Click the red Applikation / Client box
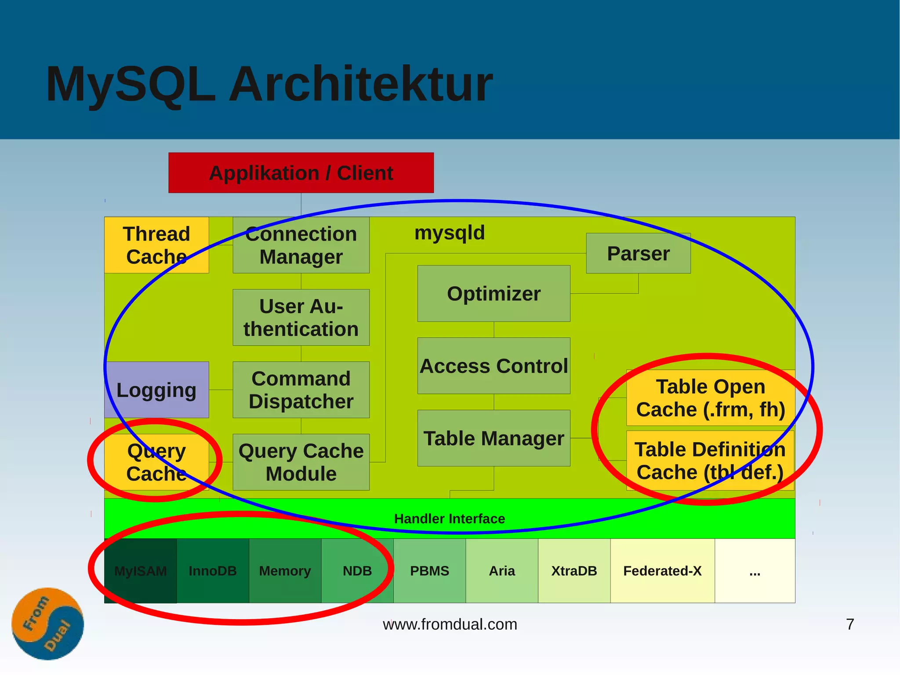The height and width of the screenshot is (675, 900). click(301, 173)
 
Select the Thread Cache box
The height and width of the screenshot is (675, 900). click(156, 245)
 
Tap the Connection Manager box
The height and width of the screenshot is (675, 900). click(301, 245)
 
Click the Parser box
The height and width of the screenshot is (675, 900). click(638, 253)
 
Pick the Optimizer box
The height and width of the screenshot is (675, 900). click(494, 293)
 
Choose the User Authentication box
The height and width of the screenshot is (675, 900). click(301, 317)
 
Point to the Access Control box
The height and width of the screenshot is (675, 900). click(494, 366)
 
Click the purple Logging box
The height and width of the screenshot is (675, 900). click(156, 390)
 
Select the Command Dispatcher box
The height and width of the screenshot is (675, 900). click(301, 390)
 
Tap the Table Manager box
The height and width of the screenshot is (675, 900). click(494, 438)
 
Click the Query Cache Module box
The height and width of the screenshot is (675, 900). click(301, 462)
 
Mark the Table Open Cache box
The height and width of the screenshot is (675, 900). click(710, 398)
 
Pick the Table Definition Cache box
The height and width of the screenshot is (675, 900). click(710, 460)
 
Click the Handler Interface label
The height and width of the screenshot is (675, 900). click(450, 519)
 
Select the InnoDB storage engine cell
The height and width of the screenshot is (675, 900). click(213, 571)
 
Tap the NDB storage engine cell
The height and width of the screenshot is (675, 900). click(357, 571)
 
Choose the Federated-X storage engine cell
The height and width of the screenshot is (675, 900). click(662, 571)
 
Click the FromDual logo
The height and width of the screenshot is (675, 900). click(47, 624)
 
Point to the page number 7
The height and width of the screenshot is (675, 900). click(850, 624)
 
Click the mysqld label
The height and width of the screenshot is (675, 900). click(450, 233)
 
